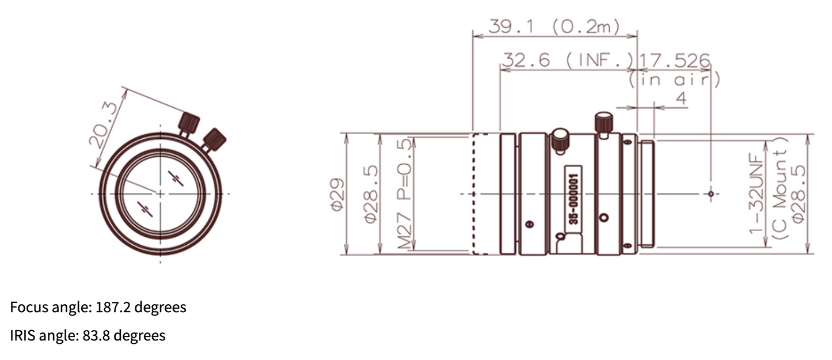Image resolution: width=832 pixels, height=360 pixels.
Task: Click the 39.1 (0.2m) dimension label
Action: point(554,26)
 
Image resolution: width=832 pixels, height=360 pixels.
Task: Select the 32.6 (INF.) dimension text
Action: point(567,60)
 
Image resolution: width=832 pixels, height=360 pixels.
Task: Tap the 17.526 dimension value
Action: point(675,60)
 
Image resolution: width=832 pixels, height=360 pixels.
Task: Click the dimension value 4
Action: point(681,98)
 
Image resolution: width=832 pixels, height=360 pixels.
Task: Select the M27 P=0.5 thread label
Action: point(406,194)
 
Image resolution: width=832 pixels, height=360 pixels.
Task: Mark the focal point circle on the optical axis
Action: point(711,194)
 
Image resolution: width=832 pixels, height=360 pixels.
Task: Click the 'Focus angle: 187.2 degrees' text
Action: point(98,308)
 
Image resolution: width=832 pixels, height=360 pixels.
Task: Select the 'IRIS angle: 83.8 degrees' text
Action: point(88,335)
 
